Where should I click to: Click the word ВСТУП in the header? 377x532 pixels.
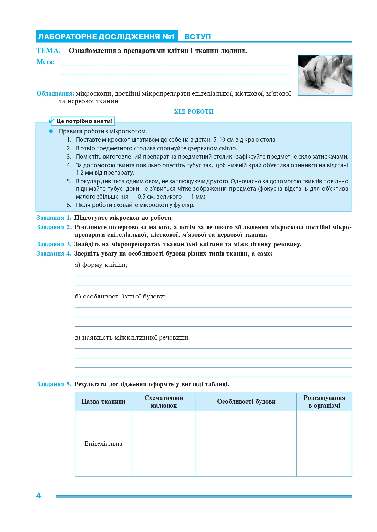click(x=198, y=37)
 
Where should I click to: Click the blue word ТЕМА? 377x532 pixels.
click(x=48, y=51)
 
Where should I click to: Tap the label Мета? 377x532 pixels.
click(x=45, y=62)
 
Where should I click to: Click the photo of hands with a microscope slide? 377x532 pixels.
click(x=325, y=75)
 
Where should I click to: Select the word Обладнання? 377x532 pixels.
click(x=55, y=94)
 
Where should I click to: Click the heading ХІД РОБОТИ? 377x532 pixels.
click(x=194, y=112)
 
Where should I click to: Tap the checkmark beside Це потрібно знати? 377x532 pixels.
click(x=52, y=121)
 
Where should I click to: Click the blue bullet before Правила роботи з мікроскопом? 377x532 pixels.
click(x=51, y=131)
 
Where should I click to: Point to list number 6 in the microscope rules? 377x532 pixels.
click(x=69, y=205)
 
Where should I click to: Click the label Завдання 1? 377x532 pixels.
click(x=54, y=218)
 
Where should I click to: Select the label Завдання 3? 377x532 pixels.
click(x=54, y=244)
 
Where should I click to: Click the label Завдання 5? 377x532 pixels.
click(x=54, y=384)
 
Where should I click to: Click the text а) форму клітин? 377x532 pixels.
click(x=101, y=265)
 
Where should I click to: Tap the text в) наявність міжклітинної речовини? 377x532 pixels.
click(x=132, y=338)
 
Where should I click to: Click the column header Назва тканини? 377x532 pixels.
click(x=103, y=402)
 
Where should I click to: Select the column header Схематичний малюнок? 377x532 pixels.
click(x=164, y=402)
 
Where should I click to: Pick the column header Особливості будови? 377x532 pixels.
click(x=246, y=402)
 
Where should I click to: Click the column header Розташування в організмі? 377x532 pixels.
click(x=324, y=402)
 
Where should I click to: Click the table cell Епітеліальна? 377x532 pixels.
click(x=103, y=444)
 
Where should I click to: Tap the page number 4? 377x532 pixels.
click(x=38, y=496)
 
